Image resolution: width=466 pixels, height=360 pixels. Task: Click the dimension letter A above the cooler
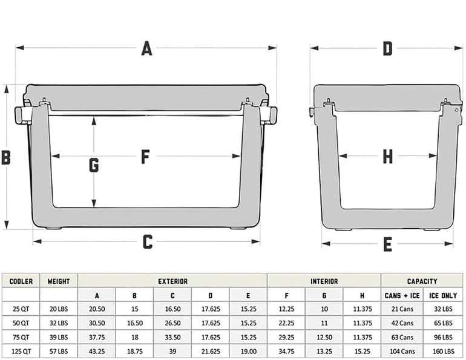146,49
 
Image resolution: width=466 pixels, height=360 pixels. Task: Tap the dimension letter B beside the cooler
6,157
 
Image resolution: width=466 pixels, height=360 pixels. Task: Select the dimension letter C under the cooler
148,242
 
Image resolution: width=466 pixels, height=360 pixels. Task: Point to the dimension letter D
387,49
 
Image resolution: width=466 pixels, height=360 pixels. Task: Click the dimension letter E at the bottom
387,244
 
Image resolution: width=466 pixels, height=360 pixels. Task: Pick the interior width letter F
145,157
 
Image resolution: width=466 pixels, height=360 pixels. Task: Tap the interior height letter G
94,165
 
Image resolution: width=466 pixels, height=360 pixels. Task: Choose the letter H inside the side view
387,157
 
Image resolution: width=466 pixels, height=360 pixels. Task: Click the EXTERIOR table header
172,281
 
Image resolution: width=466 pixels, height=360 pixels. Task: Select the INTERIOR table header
324,281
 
